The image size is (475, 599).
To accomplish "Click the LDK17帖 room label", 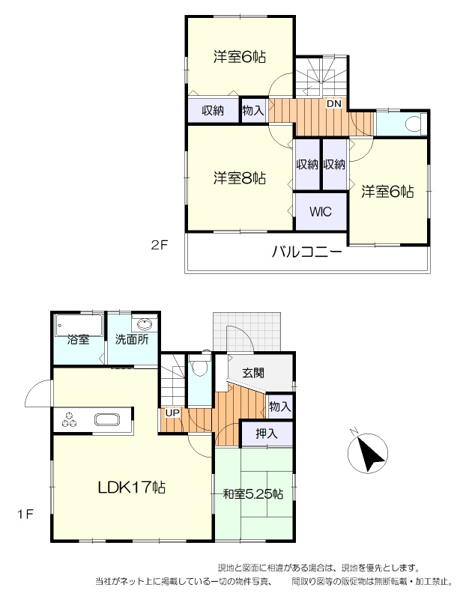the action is pos(131,487).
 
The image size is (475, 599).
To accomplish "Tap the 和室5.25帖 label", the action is pos(253,494).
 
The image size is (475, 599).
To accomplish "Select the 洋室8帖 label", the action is pos(240,178).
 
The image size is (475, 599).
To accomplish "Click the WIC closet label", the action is pos(321,212).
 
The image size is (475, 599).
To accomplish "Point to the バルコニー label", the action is pos(307,252).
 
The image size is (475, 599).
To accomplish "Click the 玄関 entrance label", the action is pos(253,372).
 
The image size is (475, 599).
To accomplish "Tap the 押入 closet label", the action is pos(267,434).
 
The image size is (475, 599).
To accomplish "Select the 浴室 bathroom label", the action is pos(79,339).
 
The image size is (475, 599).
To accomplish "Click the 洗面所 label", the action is pos(132,339).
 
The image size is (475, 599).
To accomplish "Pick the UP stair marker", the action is pos(172,413).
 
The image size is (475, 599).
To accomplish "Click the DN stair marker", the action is pos(333,103).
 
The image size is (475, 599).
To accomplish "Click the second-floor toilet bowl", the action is pos(412,124).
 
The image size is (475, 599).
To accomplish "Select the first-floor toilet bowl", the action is pos(199,368).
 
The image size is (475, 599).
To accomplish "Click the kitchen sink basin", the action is pos(107,420).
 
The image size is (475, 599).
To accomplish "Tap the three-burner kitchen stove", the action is pos(69,420).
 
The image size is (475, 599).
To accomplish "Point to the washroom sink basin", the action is pos(144,325).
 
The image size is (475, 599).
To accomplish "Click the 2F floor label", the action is pos(160,245).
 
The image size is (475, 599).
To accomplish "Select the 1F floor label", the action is pos(25,514).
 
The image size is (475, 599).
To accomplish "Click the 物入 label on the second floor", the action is pos(253,111).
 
